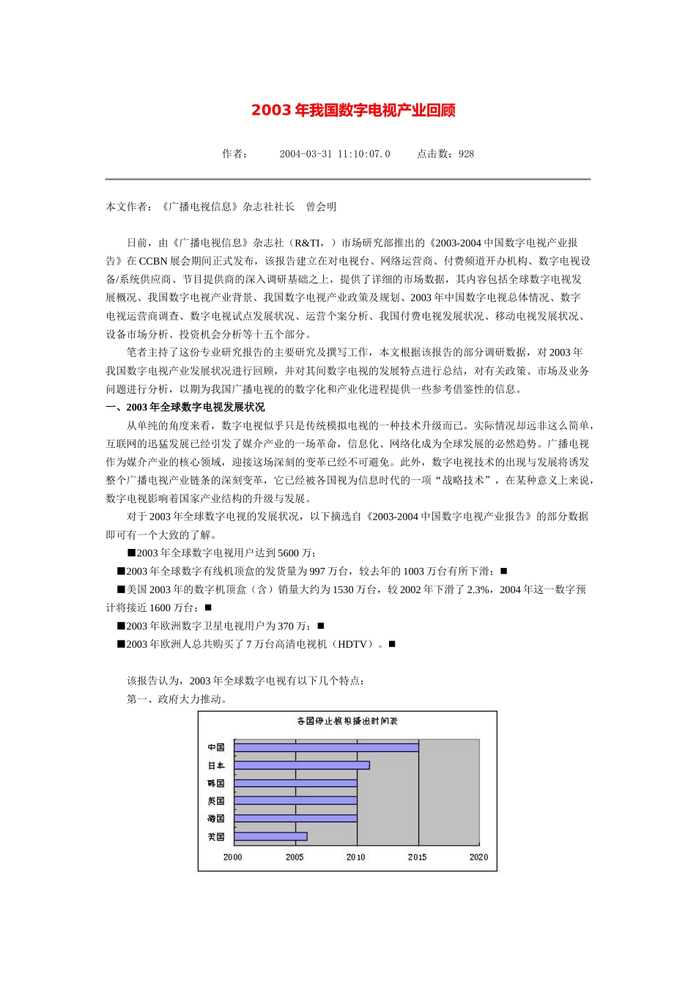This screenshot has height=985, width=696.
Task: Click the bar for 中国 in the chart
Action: [x=326, y=748]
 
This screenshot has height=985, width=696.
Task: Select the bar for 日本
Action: [x=302, y=765]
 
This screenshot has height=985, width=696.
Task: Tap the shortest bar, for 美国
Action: [x=270, y=836]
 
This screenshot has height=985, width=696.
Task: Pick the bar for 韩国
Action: [x=295, y=783]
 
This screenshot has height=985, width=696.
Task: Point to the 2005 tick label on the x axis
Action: [x=295, y=857]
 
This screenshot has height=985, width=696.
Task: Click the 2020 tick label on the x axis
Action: [x=478, y=857]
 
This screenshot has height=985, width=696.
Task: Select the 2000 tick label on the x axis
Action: [x=233, y=857]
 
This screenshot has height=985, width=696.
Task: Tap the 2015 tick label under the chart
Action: [x=418, y=857]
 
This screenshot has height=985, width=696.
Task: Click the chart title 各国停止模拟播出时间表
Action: [x=347, y=721]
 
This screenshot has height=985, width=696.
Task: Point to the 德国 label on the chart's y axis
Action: [x=215, y=819]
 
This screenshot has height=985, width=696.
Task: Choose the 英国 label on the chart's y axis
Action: [x=215, y=801]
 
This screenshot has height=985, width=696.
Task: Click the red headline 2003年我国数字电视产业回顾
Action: [x=353, y=110]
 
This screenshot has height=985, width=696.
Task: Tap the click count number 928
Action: [x=466, y=154]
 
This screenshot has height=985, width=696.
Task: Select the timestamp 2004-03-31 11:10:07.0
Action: [x=335, y=154]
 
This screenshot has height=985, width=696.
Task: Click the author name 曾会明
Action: [x=321, y=207]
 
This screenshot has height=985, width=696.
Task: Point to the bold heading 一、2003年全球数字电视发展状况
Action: [x=185, y=407]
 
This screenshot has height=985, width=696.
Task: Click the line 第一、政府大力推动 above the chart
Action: [x=177, y=699]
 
